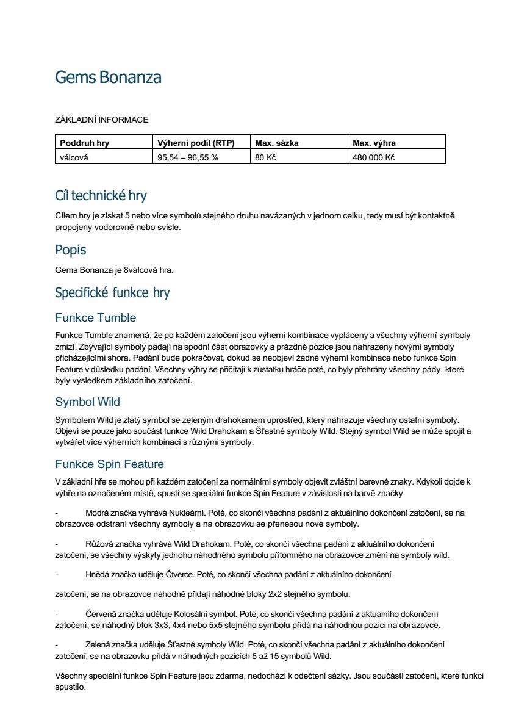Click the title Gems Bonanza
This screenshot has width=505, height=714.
tap(108, 78)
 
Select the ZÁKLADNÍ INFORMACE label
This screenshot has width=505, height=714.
tap(101, 120)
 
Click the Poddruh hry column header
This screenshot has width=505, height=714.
tap(85, 143)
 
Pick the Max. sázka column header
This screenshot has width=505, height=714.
tap(277, 143)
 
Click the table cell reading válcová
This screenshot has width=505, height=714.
tap(74, 157)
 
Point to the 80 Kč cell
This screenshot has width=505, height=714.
tap(266, 157)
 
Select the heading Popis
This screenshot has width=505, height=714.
tap(71, 250)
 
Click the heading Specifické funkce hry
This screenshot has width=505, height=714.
tap(112, 293)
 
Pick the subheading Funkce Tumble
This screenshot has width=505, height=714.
tap(96, 317)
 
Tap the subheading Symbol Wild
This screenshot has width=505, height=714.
tap(88, 402)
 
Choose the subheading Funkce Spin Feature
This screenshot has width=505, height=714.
tap(110, 464)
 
